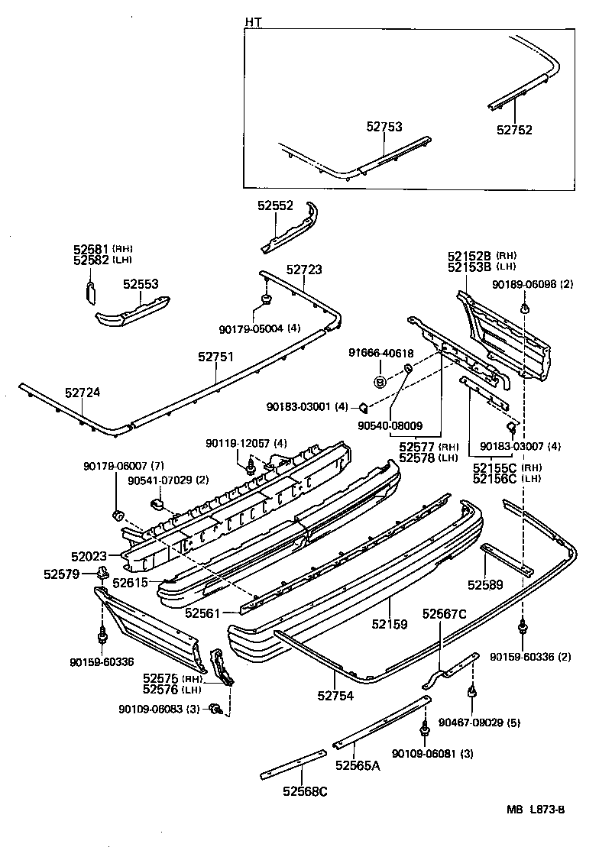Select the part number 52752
514,130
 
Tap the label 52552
275,206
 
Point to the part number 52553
141,284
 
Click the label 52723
304,270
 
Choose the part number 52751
216,357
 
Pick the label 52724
83,393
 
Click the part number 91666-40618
380,354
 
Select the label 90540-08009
390,425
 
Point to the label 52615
129,582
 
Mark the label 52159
390,624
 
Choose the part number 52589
485,585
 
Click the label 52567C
444,613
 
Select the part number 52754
336,694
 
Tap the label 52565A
357,766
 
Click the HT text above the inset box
252,22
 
